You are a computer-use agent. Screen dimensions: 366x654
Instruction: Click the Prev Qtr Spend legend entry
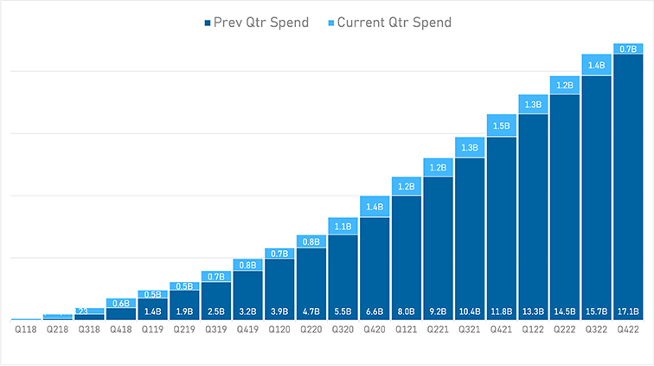(255, 22)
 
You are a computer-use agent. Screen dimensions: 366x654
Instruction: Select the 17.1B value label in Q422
(628, 311)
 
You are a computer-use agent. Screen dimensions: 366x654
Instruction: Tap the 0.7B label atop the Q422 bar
(628, 48)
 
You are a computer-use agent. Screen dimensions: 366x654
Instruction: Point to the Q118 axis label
(25, 330)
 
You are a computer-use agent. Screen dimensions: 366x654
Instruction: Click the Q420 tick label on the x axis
(375, 330)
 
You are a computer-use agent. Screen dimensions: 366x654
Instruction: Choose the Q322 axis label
(596, 330)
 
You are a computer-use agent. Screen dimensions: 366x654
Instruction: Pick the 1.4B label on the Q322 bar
(596, 65)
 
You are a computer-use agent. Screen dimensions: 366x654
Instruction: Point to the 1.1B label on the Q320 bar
(343, 227)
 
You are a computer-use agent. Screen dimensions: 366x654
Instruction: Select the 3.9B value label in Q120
(279, 311)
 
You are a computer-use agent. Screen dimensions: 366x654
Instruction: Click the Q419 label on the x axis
(247, 330)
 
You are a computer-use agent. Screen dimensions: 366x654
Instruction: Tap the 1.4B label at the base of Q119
(152, 311)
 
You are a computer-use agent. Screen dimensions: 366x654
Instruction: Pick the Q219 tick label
(184, 330)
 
